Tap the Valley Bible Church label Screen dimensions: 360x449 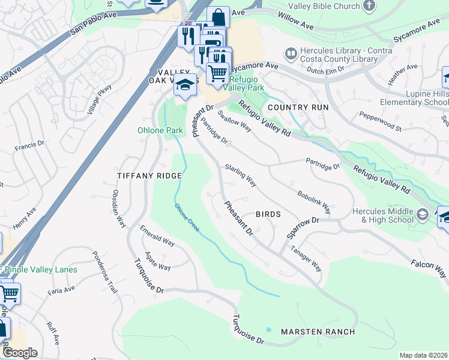pyautogui.click(x=323, y=7)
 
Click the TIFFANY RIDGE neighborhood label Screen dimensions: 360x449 pyautogui.click(x=149, y=175)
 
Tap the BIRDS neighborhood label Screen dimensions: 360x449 pyautogui.click(x=268, y=214)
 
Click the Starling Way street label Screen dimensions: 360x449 pyautogui.click(x=241, y=175)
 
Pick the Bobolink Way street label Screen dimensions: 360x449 pyautogui.click(x=314, y=203)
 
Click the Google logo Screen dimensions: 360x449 pyautogui.click(x=20, y=353)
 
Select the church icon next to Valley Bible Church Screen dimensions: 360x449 pyautogui.click(x=369, y=6)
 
